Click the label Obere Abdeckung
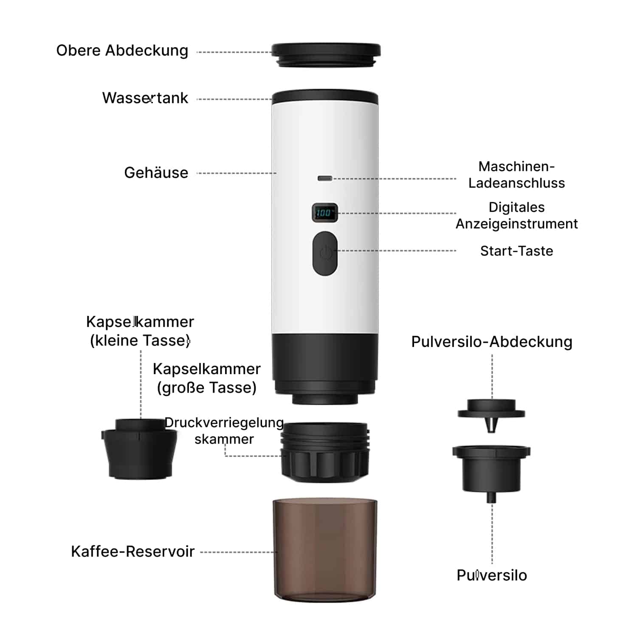(x=122, y=51)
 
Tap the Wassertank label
(x=145, y=98)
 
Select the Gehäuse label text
(x=156, y=172)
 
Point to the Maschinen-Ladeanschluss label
(x=516, y=175)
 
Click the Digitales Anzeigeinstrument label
(x=516, y=215)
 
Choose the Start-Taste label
(x=516, y=251)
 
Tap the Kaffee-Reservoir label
(x=132, y=551)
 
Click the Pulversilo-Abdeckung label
(x=492, y=342)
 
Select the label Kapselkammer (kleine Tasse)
(x=140, y=331)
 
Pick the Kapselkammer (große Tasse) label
(x=207, y=378)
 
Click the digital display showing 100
(x=325, y=212)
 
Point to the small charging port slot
(x=325, y=178)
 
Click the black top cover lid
(x=326, y=54)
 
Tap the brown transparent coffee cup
(x=325, y=550)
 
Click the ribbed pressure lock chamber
(x=325, y=452)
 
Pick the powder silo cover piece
(x=491, y=414)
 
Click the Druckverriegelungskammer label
(x=224, y=431)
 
